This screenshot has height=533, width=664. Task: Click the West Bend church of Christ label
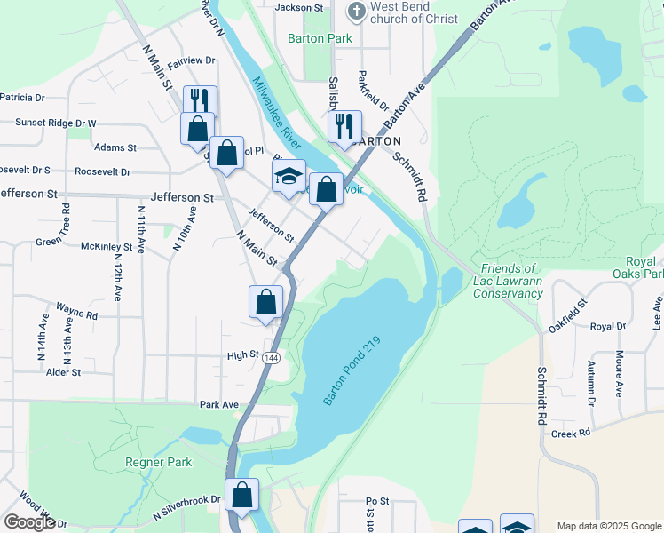[x=413, y=12]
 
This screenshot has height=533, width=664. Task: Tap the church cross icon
[x=355, y=12]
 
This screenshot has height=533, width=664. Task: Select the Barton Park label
[x=320, y=38]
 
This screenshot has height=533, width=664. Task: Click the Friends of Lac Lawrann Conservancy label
[x=507, y=281]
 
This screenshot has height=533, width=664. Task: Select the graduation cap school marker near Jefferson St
[x=289, y=177]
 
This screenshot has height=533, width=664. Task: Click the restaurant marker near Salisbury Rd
[x=344, y=128]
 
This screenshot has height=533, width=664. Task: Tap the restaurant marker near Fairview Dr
[x=201, y=101]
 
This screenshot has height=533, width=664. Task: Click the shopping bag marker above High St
[x=266, y=303]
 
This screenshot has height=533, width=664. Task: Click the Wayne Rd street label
[x=77, y=314]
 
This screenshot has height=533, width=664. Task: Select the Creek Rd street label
[x=571, y=434]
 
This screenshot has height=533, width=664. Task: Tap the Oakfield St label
[x=568, y=315]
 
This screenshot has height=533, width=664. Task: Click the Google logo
[x=29, y=522]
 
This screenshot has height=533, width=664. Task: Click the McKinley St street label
[x=107, y=246]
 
